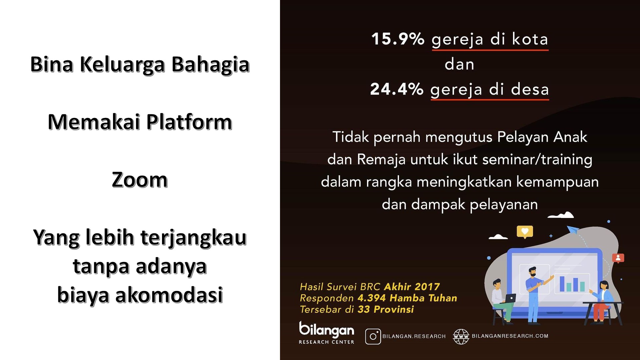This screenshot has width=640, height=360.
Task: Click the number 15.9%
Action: pos(398,39)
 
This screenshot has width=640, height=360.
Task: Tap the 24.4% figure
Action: pos(397,89)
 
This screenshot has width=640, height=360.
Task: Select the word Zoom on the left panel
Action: pos(140,180)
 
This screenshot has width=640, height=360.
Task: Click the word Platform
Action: pos(189,122)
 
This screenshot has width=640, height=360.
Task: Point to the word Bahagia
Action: pos(210,64)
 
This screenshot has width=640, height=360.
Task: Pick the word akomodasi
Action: pos(169,295)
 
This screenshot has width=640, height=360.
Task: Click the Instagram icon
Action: pos(373,336)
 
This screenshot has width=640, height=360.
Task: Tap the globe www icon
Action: pos(461,336)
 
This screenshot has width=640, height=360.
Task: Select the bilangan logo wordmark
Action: pos(326,330)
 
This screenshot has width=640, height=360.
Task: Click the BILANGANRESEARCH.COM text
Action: pos(510,336)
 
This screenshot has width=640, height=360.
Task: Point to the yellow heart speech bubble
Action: pos(525,232)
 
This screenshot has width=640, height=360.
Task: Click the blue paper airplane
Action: pos(573,230)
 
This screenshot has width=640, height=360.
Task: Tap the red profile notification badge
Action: pos(618,258)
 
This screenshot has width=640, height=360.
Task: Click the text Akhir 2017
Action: pos(412,287)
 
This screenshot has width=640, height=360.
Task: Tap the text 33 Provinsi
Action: pos(386,309)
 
